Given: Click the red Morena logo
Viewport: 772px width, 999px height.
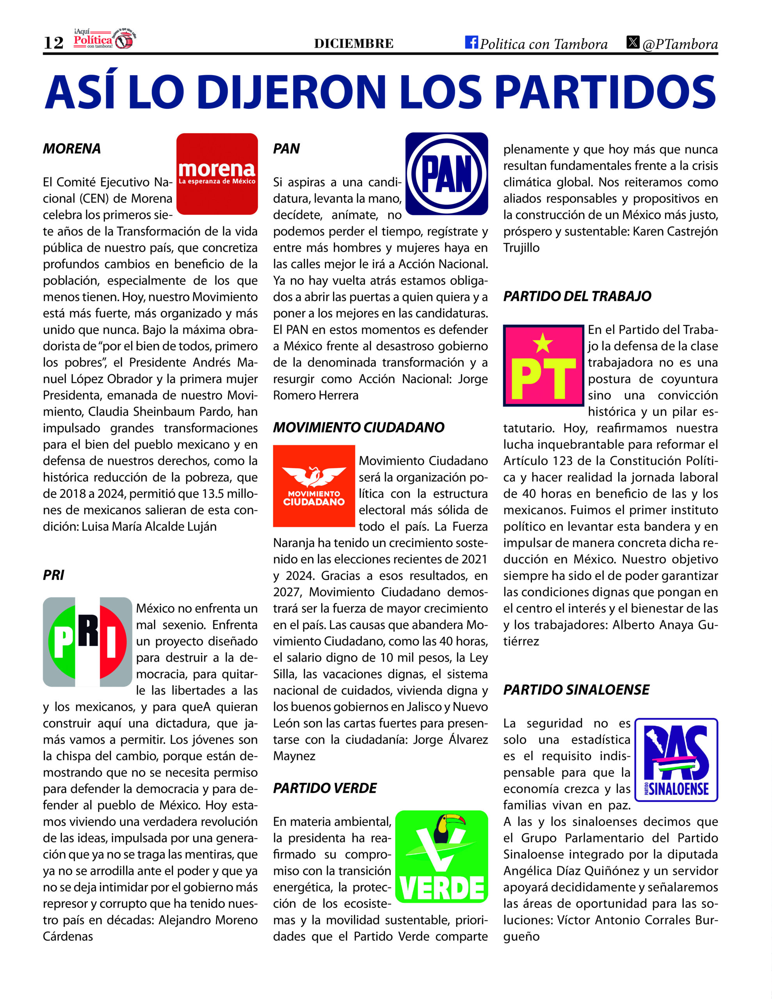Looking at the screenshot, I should point(217,174).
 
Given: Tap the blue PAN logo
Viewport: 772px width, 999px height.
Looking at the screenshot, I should point(446,174).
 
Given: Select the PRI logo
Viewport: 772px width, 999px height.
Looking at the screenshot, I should point(87,642).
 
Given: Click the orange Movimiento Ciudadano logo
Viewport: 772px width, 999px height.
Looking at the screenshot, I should point(314,486).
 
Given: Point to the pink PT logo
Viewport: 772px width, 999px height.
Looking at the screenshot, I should point(543,366).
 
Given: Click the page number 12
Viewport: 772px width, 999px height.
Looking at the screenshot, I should point(53,43).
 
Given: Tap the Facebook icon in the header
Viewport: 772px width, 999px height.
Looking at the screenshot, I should point(471,42).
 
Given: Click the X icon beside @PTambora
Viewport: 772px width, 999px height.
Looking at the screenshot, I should point(632,42).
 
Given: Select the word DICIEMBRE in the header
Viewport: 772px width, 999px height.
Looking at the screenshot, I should point(354,43).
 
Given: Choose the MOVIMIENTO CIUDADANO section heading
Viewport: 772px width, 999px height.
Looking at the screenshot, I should point(358,428).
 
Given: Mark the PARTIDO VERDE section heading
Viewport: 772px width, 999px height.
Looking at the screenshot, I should point(324,788).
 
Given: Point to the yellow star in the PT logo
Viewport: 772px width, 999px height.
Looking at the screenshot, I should point(543,343).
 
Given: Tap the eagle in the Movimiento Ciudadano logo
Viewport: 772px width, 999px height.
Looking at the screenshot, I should point(314,476).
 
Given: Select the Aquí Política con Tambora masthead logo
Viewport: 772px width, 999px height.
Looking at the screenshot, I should point(104,39).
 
